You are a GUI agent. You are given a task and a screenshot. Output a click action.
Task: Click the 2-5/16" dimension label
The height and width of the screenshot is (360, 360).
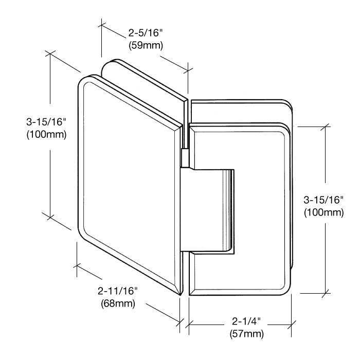146,33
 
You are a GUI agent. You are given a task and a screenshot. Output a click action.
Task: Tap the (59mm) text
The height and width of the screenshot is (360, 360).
146,45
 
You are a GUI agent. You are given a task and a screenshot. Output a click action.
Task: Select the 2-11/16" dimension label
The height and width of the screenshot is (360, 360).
117,291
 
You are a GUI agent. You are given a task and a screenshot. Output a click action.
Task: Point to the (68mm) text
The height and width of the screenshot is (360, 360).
118,303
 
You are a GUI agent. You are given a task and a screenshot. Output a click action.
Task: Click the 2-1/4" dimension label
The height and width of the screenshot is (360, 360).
246,321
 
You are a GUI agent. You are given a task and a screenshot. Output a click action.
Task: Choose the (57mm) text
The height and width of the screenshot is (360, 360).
246,334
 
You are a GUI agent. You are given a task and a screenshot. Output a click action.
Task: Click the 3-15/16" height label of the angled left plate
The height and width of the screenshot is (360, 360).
46,122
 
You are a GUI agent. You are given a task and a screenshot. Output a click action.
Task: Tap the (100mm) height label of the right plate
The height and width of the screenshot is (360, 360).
323,212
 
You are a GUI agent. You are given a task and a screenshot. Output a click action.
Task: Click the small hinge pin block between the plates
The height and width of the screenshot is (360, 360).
185,158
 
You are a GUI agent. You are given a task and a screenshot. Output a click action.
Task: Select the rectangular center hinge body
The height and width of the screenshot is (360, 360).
207,210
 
